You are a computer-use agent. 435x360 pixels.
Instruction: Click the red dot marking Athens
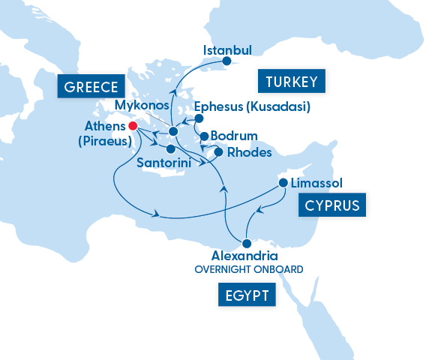132,125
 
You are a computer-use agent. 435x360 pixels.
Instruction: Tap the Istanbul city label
227,50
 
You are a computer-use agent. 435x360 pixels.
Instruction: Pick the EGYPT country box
246,295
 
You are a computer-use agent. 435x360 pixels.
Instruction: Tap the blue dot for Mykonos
172,131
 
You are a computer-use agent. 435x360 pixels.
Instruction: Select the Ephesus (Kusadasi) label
252,106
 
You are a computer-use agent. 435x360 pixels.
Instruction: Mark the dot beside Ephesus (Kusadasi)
199,118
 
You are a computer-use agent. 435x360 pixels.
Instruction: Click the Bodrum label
235,136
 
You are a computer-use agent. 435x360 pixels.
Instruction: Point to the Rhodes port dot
218,152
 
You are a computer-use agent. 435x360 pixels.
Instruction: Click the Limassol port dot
283,182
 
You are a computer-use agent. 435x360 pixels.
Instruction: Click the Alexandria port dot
245,242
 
